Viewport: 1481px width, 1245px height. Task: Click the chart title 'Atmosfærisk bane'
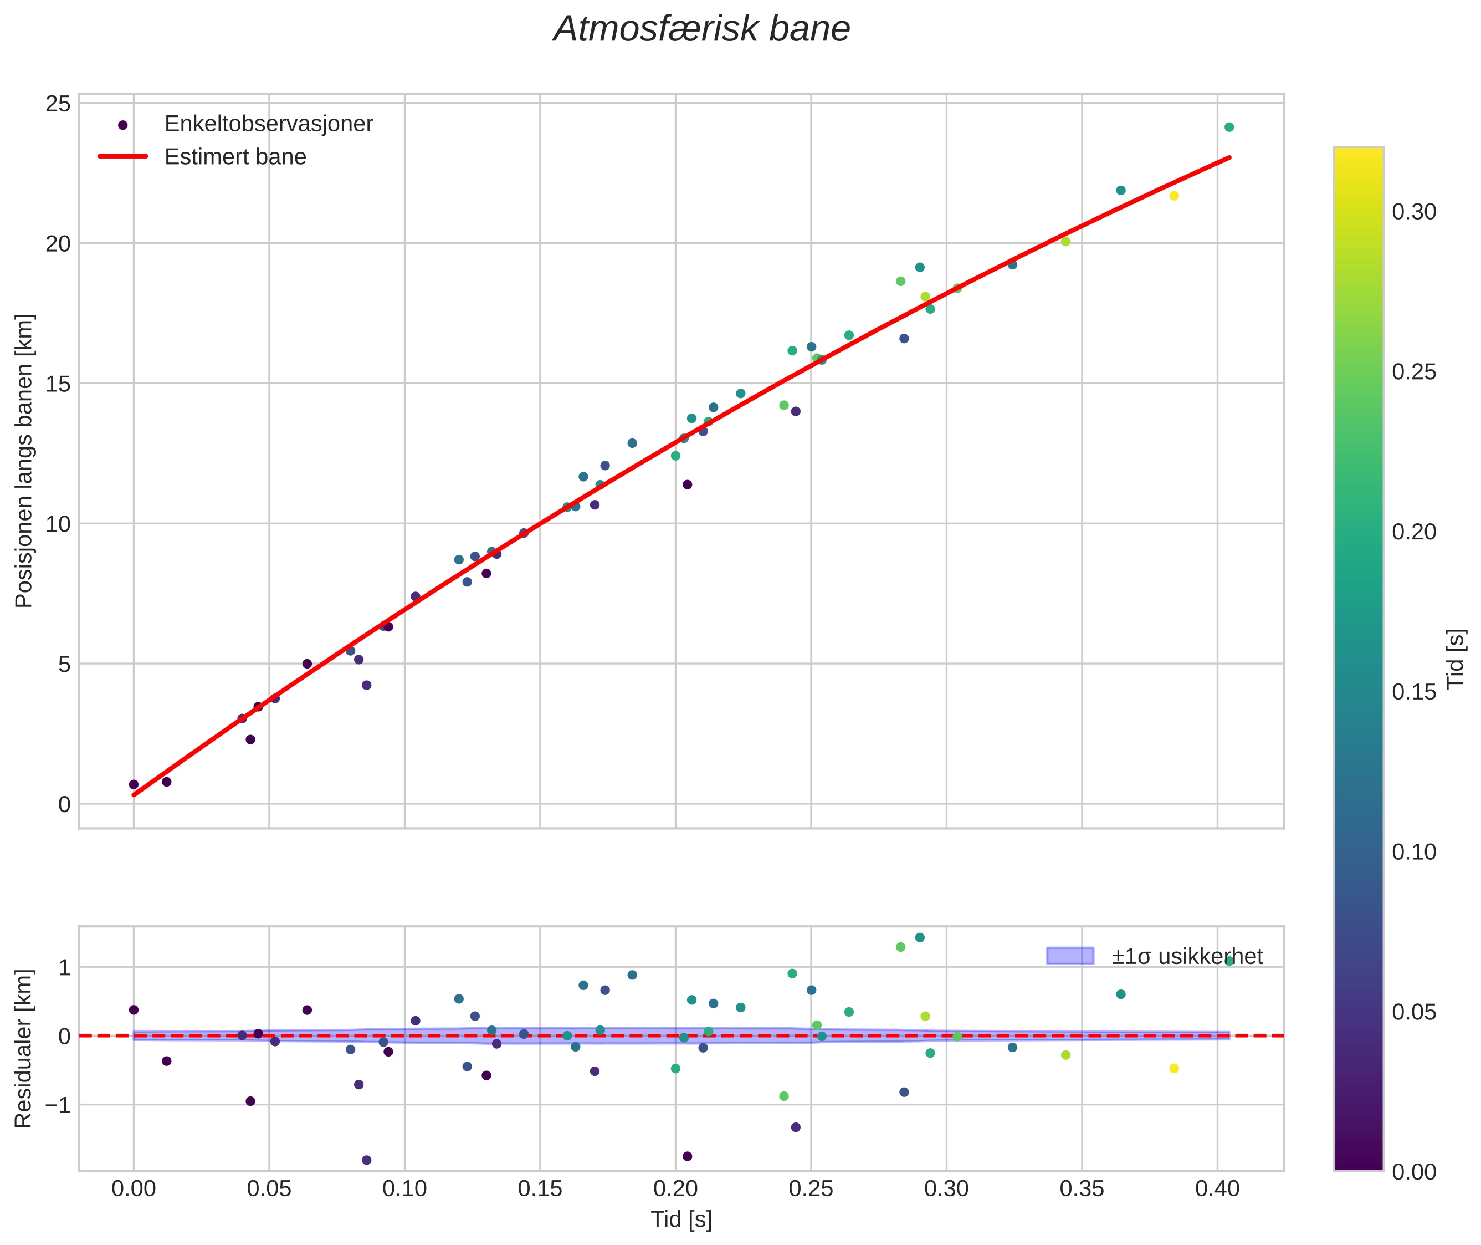701,29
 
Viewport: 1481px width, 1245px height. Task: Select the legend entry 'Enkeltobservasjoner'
268,124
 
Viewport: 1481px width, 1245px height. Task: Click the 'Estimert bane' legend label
235,157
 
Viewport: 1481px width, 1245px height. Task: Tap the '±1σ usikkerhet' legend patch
1070,956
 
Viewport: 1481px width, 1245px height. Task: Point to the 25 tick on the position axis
59,104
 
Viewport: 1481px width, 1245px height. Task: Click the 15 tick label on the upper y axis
59,385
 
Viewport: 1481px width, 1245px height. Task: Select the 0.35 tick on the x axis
1082,1188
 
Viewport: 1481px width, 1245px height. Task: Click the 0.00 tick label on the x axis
134,1188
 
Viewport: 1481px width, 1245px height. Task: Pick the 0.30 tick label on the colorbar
1413,212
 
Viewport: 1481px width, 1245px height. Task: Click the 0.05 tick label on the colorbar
1413,1012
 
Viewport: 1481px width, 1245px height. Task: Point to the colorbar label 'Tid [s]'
1456,659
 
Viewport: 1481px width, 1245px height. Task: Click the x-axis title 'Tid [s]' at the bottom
681,1220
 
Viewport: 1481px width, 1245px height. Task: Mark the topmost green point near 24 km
1229,127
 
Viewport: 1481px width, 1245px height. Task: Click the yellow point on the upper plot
1174,196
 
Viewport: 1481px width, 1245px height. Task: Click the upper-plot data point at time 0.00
134,785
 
